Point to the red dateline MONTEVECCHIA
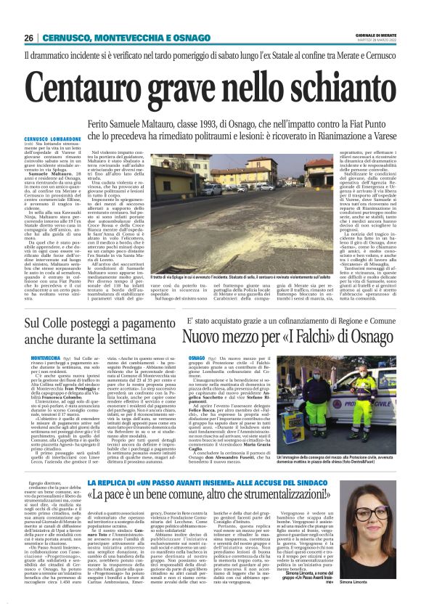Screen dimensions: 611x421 point(45,358)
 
